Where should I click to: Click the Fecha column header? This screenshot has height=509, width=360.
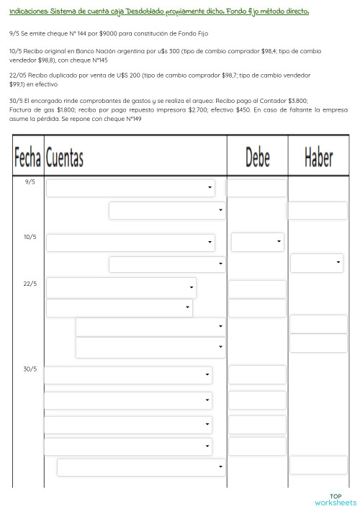27,157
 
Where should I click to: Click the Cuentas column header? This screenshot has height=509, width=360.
64,157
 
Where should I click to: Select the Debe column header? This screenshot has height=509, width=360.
257,157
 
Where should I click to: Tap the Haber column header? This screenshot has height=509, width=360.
318,157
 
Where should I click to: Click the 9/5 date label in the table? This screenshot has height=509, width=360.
30,182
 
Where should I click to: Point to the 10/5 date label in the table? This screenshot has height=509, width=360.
30,237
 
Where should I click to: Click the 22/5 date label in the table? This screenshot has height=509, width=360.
30,284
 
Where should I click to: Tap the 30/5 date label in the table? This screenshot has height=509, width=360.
30,369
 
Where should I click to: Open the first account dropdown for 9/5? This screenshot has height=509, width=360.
130,188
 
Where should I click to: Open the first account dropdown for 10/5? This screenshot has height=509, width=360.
130,243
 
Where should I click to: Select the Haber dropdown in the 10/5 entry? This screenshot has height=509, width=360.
317,263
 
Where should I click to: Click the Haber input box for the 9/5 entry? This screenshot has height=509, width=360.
318,210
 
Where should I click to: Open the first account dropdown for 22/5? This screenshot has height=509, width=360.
121,288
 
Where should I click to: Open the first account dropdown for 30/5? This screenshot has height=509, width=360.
128,375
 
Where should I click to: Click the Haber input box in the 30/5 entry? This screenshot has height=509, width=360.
318,465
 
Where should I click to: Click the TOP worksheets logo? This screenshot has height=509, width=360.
336,500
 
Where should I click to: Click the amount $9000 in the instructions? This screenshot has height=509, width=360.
114,34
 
